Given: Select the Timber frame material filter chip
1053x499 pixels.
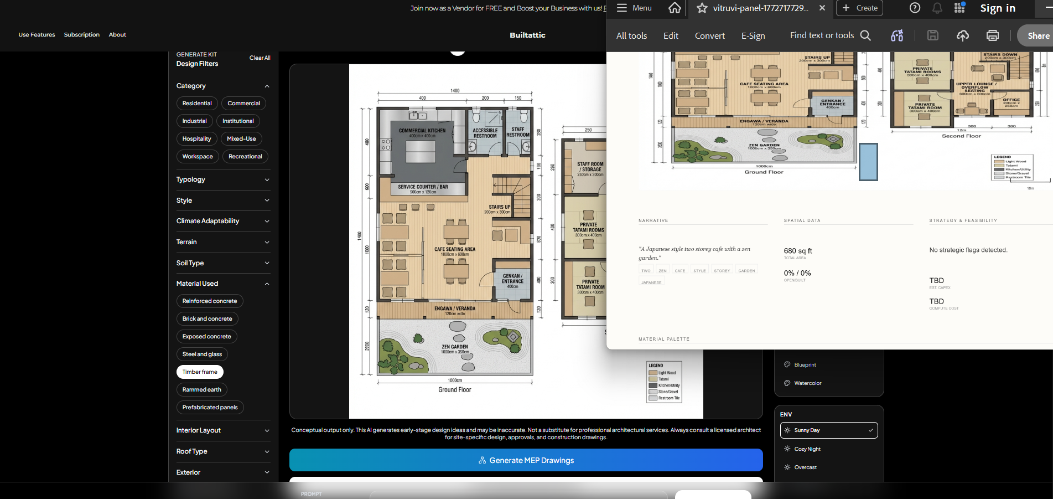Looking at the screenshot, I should [x=200, y=372].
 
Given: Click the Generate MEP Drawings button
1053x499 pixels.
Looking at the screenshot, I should [x=526, y=460].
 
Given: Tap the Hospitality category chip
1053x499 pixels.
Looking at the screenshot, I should [x=196, y=138].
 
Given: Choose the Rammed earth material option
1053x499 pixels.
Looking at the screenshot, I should [x=201, y=389].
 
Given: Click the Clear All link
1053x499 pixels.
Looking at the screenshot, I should [x=260, y=58].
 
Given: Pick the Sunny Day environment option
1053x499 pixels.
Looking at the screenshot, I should [x=828, y=430].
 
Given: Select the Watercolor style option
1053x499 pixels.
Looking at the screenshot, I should [x=807, y=383].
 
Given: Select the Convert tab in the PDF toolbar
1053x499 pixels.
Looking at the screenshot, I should [x=709, y=35].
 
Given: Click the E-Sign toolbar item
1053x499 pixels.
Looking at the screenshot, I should [x=753, y=35].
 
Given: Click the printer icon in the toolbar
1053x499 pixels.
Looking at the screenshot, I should [x=992, y=35].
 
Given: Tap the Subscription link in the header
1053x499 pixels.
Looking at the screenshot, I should [x=82, y=34].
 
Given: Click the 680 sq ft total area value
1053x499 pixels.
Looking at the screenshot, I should [x=797, y=251].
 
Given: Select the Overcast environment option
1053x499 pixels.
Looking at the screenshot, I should [x=805, y=467].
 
